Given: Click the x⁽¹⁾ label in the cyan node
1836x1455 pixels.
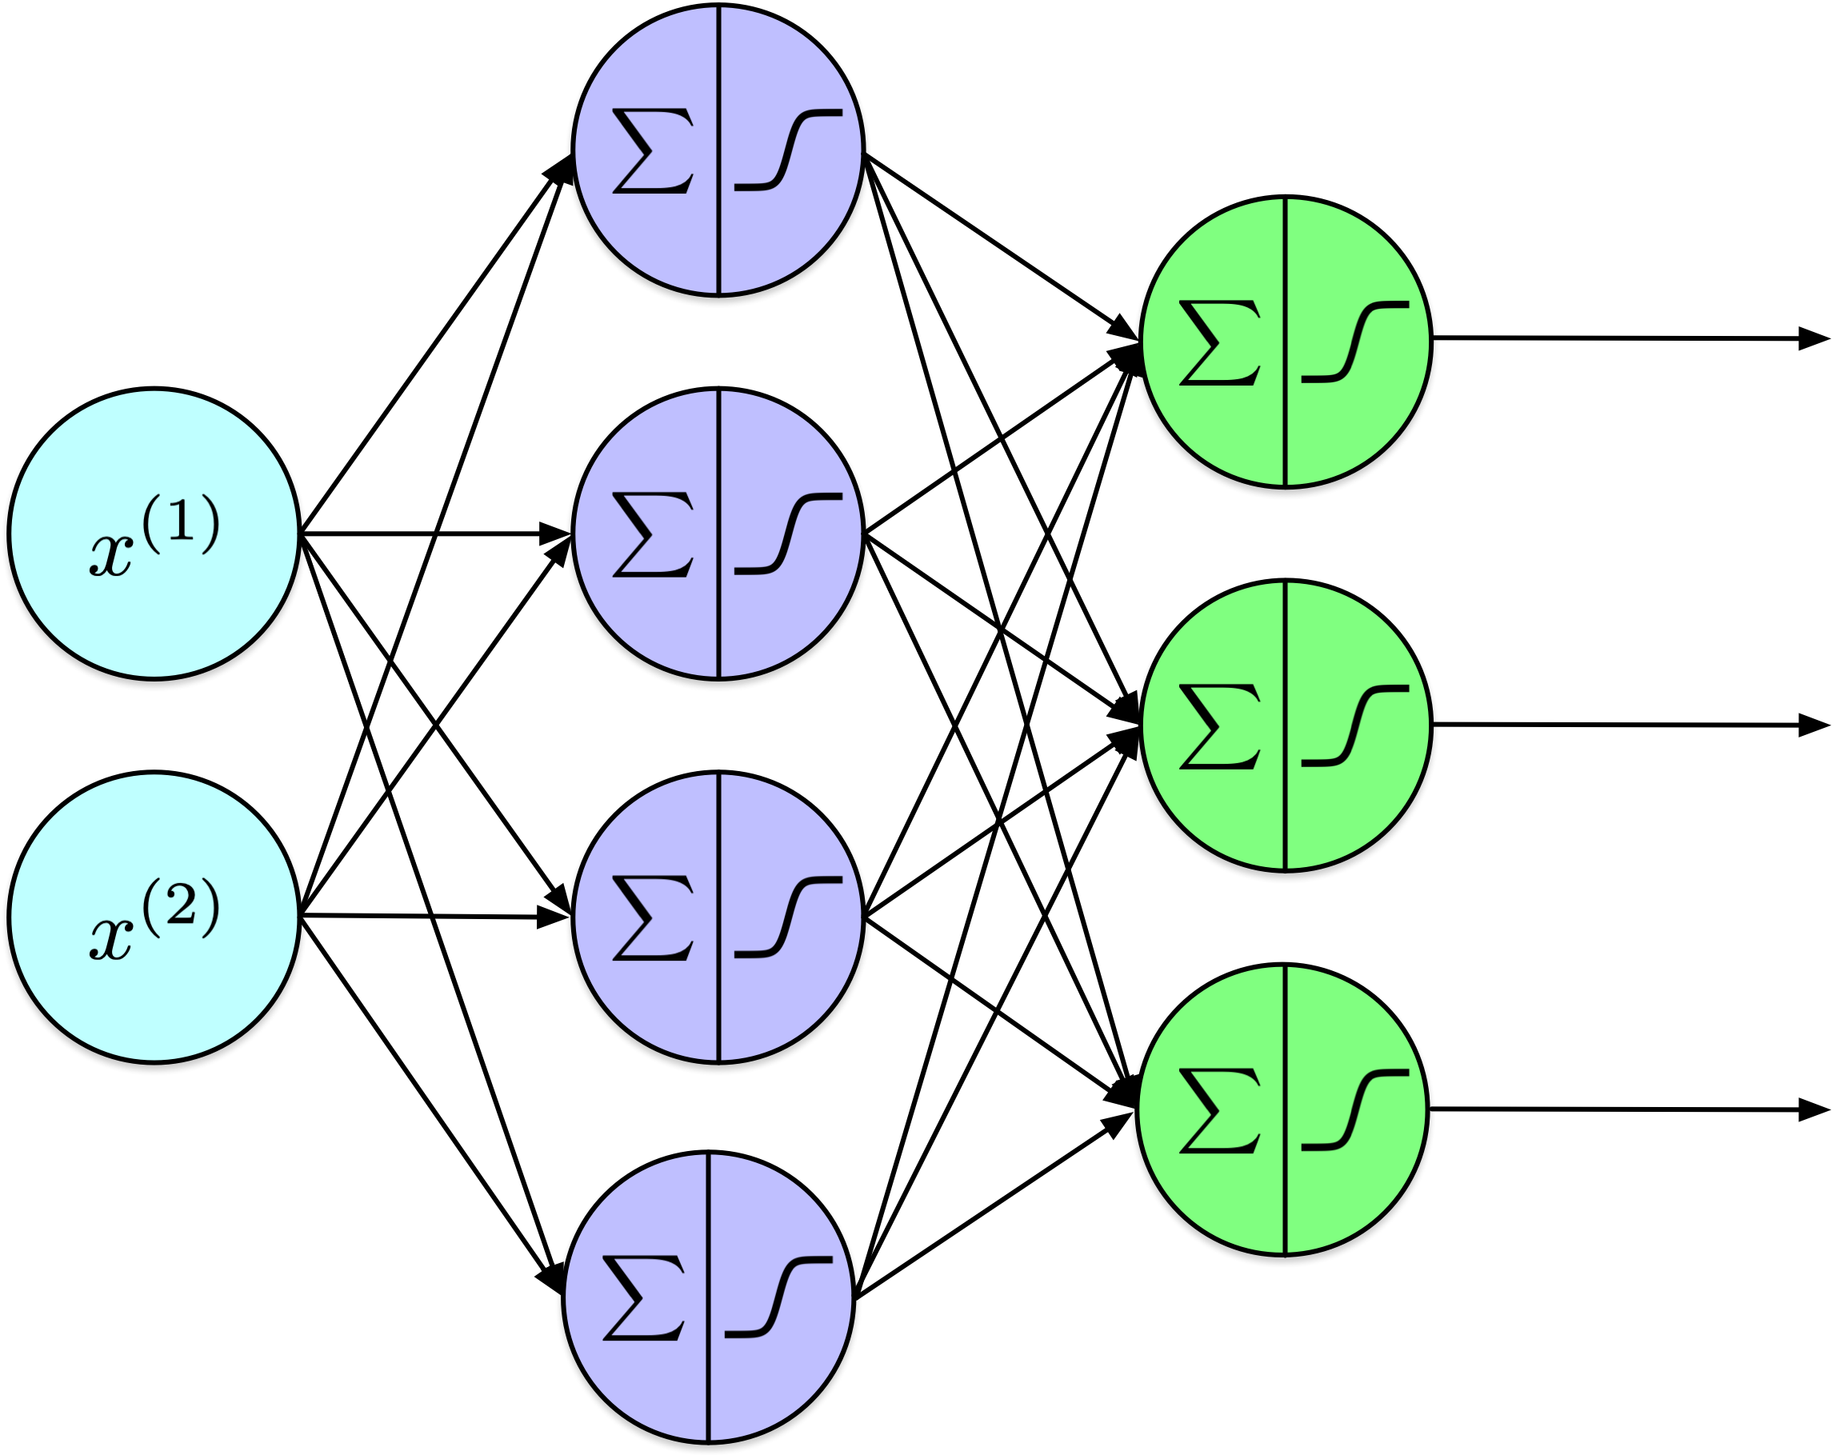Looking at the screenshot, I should coord(154,537).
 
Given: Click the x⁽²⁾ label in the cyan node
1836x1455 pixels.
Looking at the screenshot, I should coord(154,921).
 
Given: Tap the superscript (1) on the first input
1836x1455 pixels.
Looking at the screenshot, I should coord(181,522).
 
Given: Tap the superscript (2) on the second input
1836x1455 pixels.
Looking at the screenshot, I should coord(181,905).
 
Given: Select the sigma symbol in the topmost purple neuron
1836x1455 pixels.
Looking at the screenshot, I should coord(652,150).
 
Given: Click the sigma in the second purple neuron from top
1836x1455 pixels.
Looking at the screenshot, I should coord(652,534).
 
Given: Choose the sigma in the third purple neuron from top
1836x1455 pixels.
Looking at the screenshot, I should coord(652,917).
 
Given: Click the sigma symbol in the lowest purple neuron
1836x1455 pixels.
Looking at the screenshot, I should coord(643,1297).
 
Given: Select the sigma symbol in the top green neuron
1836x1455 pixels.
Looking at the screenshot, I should coord(1219,342).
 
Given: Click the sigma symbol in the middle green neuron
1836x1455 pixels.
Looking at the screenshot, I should coord(1219,726).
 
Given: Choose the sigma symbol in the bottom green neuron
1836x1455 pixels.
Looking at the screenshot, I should coord(1219,1110).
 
